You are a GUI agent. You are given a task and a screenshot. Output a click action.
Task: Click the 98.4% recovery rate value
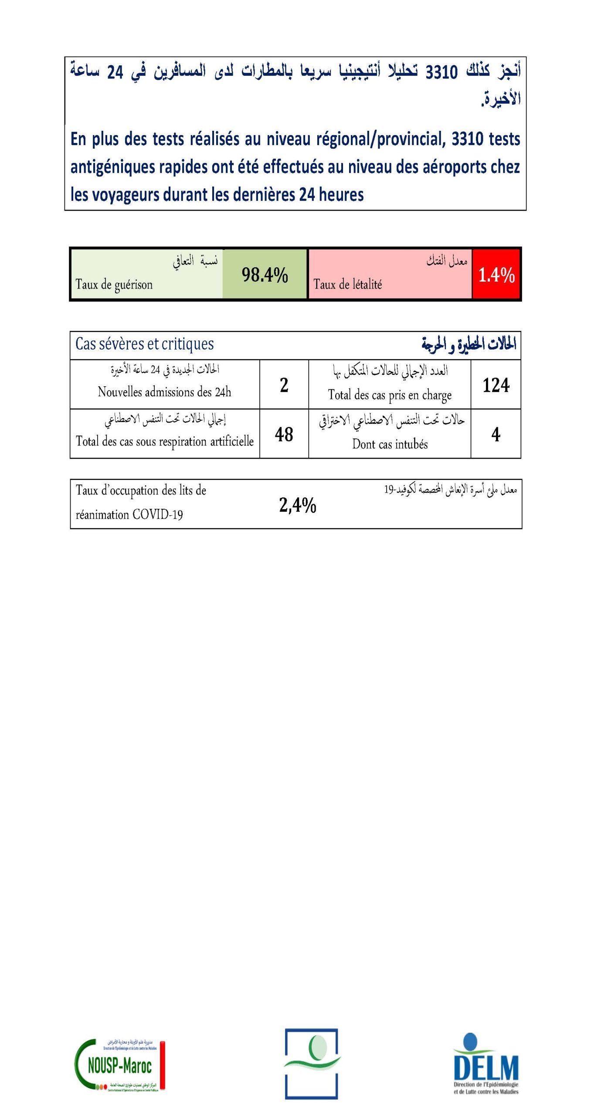[x=265, y=275]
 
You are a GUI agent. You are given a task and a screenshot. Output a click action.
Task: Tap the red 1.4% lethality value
[x=496, y=275]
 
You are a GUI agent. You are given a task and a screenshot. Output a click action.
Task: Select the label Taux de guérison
[x=114, y=285]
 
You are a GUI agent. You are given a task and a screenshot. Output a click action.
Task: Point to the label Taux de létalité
[x=347, y=285]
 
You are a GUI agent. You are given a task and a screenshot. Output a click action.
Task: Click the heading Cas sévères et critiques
[x=144, y=344]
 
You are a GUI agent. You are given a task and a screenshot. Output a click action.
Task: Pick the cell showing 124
[x=496, y=385]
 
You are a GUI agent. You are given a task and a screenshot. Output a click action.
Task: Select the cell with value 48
[x=284, y=434]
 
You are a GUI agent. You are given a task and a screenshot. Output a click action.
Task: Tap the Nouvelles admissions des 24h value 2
[x=284, y=385]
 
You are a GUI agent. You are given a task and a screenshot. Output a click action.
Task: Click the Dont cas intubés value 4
[x=496, y=434]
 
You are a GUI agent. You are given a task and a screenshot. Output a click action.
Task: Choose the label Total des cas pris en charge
[x=390, y=395]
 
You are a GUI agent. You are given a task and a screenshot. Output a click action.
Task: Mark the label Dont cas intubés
[x=390, y=444]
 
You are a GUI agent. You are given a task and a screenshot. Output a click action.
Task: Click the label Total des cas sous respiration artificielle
[x=164, y=441]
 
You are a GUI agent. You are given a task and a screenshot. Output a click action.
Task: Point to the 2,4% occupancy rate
[x=297, y=505]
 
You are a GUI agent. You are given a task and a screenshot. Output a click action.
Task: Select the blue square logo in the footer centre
[x=312, y=1064]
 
